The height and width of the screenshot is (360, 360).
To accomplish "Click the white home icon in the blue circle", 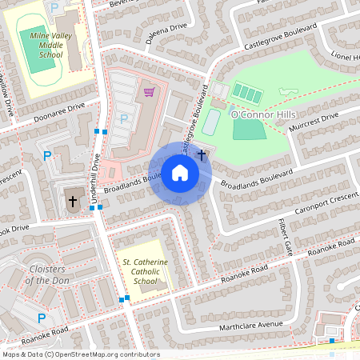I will coord(179,173).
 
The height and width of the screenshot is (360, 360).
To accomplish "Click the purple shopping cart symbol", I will coord(149,92).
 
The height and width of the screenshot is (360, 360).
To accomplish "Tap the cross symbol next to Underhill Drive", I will coord(73,202).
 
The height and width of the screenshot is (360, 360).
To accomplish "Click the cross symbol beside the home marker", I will coord(202,154).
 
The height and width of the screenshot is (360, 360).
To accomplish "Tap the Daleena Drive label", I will coord(166,28).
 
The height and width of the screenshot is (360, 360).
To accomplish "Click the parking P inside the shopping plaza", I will coord(123,118).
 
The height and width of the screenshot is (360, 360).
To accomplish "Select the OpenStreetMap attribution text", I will coord(81,354).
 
